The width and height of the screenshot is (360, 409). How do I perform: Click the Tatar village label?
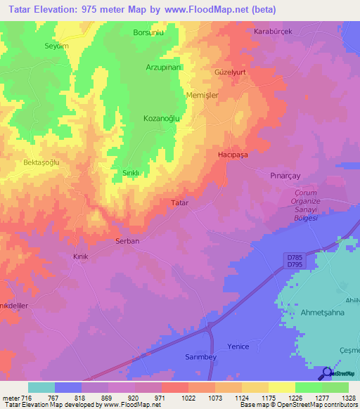[180, 202]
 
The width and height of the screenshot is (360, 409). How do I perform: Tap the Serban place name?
[127, 241]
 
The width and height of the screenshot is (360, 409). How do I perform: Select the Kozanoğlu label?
[162, 119]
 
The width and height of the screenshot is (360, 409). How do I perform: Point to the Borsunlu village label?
[148, 32]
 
